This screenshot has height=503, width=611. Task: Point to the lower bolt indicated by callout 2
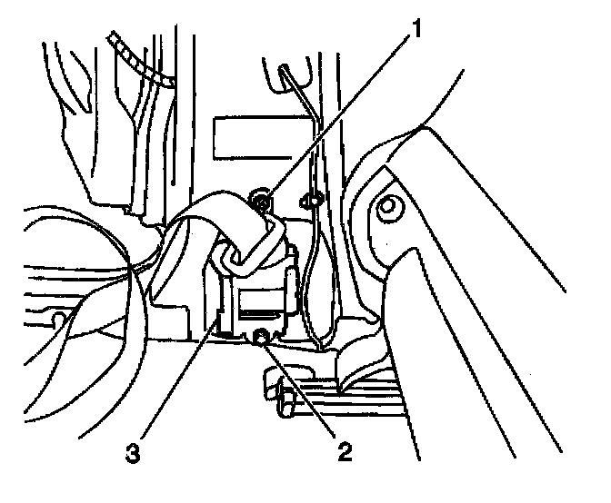point(264,338)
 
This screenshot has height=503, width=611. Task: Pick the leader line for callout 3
point(177,381)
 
